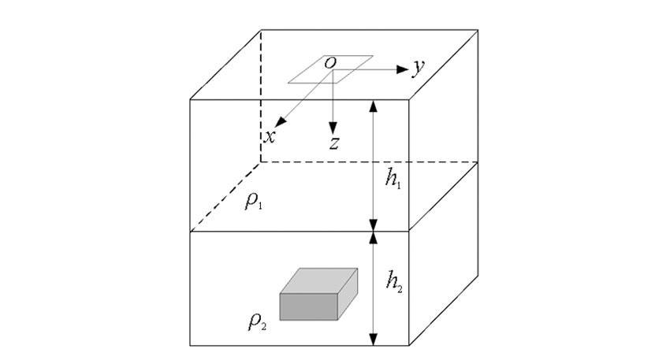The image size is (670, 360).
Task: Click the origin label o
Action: point(330,63)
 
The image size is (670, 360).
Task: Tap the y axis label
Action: point(419,68)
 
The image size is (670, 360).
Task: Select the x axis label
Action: point(270,137)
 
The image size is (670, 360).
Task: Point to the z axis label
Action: point(334,143)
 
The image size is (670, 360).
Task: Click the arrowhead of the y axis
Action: point(403,69)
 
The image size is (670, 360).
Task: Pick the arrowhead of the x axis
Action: point(281,122)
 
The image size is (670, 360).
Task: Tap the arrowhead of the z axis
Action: point(333,128)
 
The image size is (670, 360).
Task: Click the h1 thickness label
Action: point(393,180)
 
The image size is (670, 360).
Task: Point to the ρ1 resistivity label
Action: point(254,201)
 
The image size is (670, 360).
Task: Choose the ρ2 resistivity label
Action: point(257,321)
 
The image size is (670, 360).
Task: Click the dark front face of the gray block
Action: point(309,306)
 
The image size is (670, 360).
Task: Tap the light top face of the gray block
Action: point(318,281)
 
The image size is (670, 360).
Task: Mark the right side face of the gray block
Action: point(348,295)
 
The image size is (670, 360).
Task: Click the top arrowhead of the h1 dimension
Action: point(374,106)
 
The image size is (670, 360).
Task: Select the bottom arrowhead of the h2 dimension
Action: point(374,339)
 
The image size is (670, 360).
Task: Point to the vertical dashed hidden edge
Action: point(261,96)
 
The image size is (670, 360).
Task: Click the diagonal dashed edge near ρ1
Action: point(225,197)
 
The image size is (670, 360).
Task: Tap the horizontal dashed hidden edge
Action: point(369,162)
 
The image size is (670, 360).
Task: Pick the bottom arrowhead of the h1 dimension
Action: point(374,225)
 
